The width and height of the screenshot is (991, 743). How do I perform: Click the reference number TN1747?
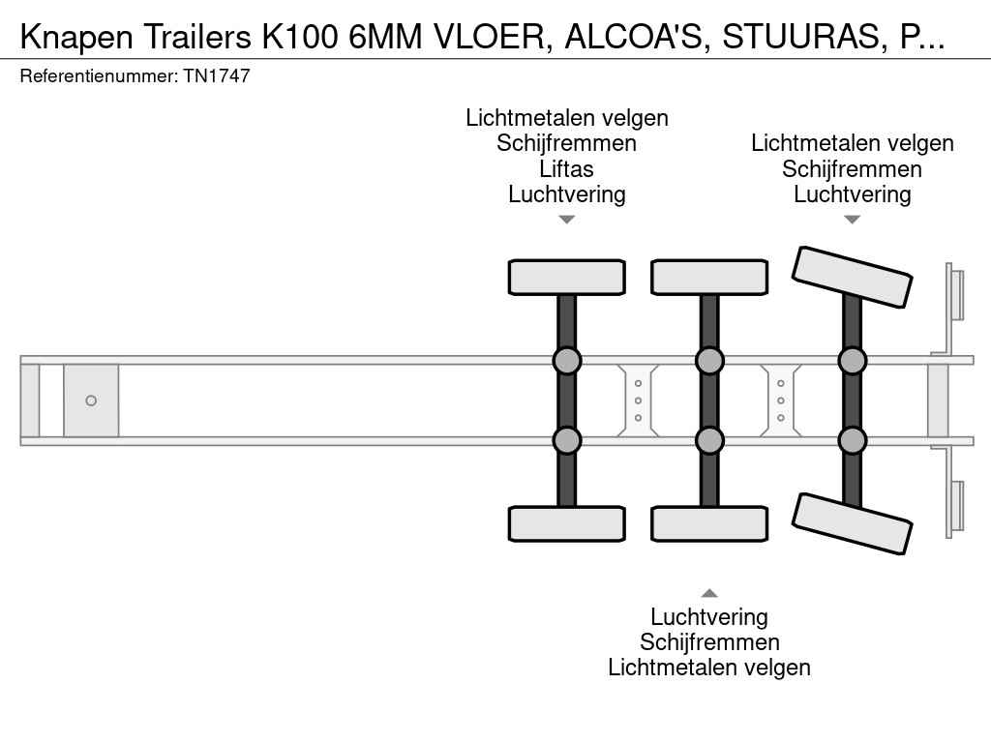tap(217, 75)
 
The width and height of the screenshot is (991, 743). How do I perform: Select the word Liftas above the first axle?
tap(566, 168)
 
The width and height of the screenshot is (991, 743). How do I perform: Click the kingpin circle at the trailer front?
tap(91, 401)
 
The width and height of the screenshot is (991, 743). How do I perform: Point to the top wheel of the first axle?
tap(567, 278)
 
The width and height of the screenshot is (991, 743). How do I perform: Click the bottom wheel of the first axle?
tap(567, 523)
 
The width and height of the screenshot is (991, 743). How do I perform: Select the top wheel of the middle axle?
tap(709, 278)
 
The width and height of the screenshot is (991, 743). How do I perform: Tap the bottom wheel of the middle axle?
tap(709, 523)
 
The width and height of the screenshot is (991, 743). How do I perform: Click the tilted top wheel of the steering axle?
tap(852, 277)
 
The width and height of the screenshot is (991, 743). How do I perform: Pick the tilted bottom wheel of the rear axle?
tap(852, 523)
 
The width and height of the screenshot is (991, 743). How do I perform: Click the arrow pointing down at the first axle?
tap(567, 220)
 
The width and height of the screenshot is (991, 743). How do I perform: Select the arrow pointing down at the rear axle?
tap(852, 220)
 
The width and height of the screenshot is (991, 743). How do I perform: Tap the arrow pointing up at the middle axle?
tap(709, 593)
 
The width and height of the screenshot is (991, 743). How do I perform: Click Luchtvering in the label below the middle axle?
tap(709, 616)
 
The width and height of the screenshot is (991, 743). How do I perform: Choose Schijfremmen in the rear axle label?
tap(852, 168)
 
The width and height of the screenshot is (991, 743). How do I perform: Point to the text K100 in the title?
tap(299, 37)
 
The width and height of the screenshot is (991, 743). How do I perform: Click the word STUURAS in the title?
tap(800, 37)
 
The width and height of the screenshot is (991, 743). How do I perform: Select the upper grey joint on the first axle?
tap(567, 361)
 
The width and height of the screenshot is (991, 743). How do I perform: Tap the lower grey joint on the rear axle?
tap(852, 440)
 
